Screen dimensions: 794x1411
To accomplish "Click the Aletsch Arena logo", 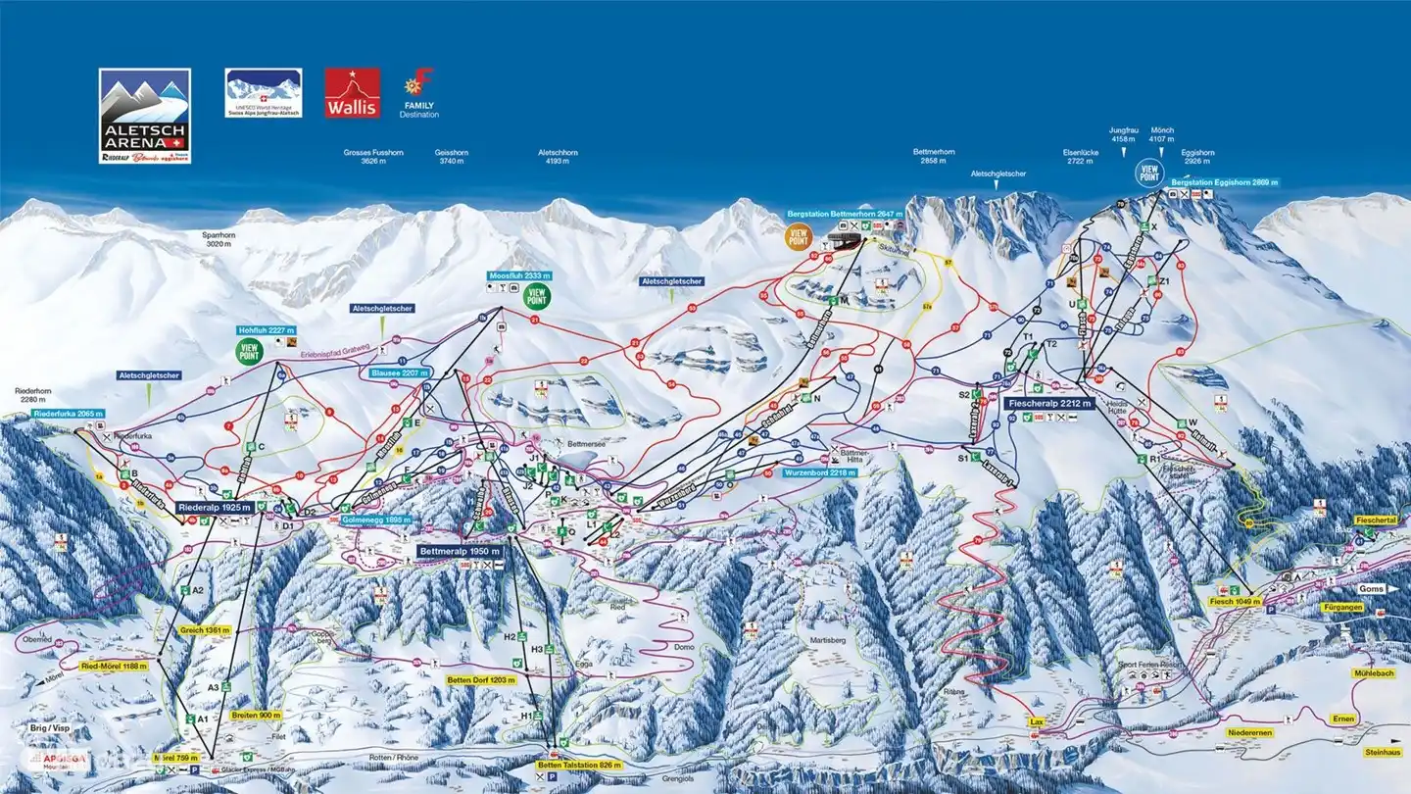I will pos(145,115).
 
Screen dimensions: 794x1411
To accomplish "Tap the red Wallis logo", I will pos(352,93).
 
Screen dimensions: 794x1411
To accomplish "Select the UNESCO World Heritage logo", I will pos(264,93).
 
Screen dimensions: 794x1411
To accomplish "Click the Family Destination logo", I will pos(420,93).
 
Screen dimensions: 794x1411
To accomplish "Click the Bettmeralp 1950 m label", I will pos(461,552).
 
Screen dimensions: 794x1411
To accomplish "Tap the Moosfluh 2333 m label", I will pos(519,276).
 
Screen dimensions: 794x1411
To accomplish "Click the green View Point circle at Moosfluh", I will pos(536,296).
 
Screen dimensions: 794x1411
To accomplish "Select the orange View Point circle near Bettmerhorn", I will pos(799,235).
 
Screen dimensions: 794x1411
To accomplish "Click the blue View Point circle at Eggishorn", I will pos(1148,174).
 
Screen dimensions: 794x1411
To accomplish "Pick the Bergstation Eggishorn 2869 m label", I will pos(1224,183).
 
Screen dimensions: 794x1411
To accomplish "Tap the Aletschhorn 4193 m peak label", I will pos(558,158).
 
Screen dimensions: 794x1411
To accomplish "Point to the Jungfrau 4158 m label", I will pos(1122,134).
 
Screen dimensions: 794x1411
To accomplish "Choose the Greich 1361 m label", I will pos(205,630).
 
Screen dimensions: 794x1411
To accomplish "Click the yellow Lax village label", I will pos(1037,720).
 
